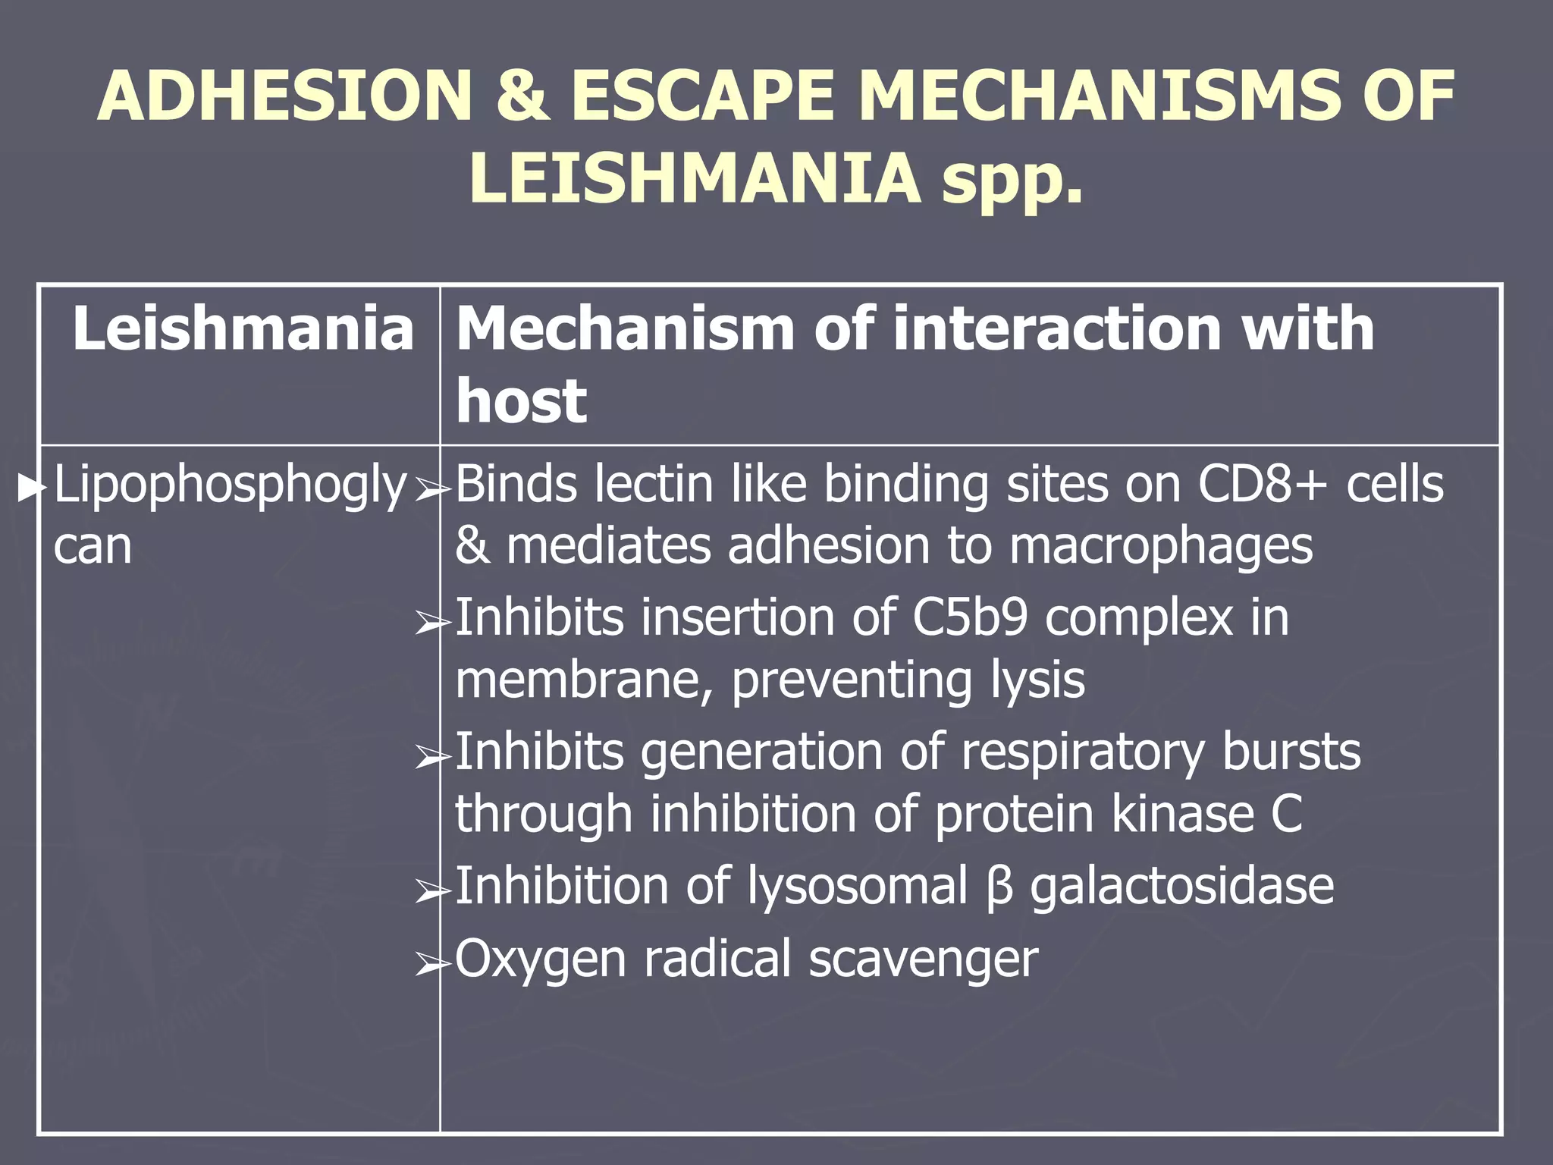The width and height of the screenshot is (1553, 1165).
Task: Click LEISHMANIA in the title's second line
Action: pos(694,180)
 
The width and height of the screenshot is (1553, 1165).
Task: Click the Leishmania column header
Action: pos(243,329)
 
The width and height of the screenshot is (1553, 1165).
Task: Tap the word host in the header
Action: pos(522,400)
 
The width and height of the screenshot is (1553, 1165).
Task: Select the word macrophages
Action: pos(1160,545)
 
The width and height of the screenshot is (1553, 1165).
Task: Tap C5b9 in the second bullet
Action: pos(970,617)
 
